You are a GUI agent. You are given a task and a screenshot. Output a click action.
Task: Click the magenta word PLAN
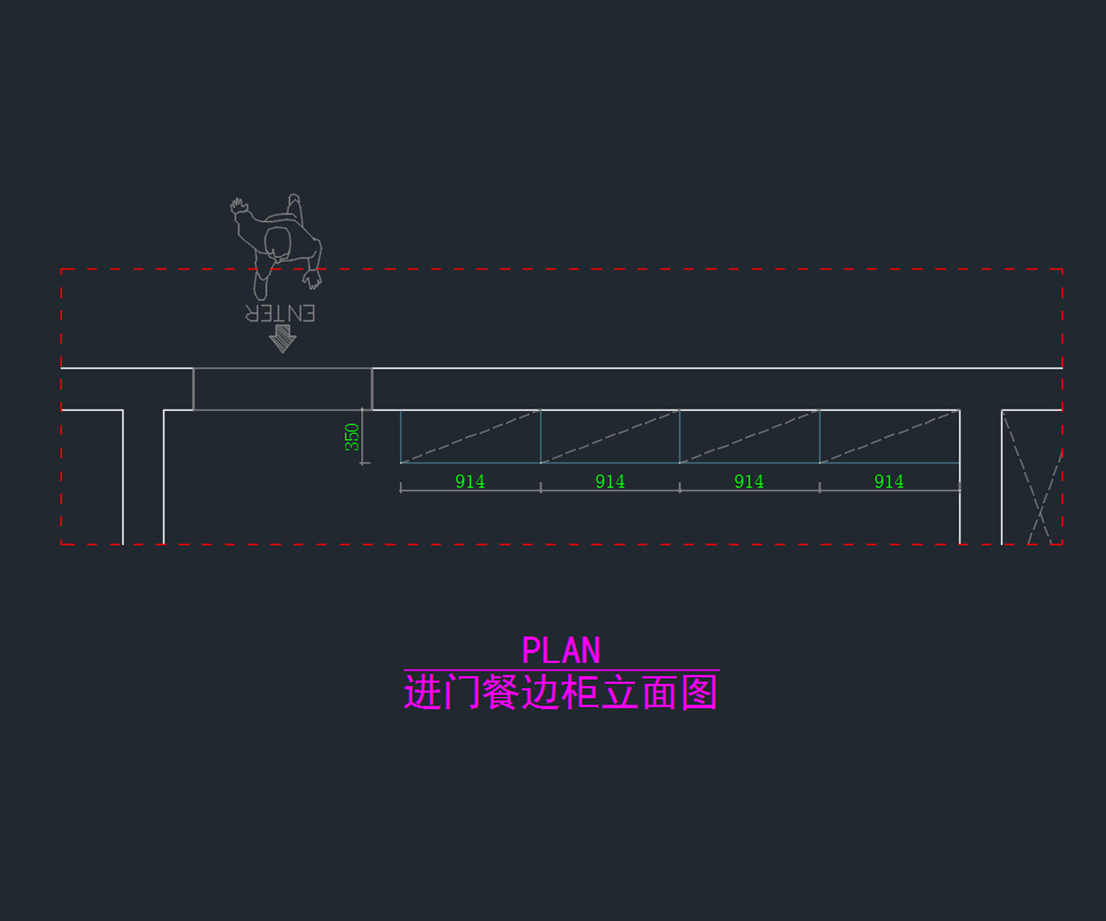coord(560,650)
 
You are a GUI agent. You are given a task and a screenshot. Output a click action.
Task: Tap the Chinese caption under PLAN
coord(560,693)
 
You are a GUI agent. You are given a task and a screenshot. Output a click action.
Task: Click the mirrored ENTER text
coord(280,313)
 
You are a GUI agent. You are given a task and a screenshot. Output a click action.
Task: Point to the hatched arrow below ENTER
coord(282,341)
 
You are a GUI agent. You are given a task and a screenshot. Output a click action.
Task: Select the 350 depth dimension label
coord(352,437)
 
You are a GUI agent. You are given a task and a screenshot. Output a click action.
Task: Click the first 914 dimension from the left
coord(470,481)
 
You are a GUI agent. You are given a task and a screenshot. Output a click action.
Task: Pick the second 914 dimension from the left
coord(610,481)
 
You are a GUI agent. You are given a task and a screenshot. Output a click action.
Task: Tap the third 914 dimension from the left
coord(748,481)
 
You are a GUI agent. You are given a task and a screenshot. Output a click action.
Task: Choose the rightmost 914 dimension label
coord(888,481)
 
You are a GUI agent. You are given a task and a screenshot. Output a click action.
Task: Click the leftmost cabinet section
coord(470,437)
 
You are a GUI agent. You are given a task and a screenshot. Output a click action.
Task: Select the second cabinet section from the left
coord(610,437)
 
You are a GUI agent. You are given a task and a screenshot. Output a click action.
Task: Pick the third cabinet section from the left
coord(749,437)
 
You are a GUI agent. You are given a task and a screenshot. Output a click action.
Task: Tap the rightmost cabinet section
coord(889,437)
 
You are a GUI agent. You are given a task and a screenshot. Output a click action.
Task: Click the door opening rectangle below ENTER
coord(282,389)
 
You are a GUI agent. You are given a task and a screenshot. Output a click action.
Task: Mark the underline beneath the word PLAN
coord(560,670)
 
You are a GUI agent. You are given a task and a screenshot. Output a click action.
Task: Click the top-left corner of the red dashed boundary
coord(62,270)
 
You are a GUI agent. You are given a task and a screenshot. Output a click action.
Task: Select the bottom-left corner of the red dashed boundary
coord(62,543)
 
